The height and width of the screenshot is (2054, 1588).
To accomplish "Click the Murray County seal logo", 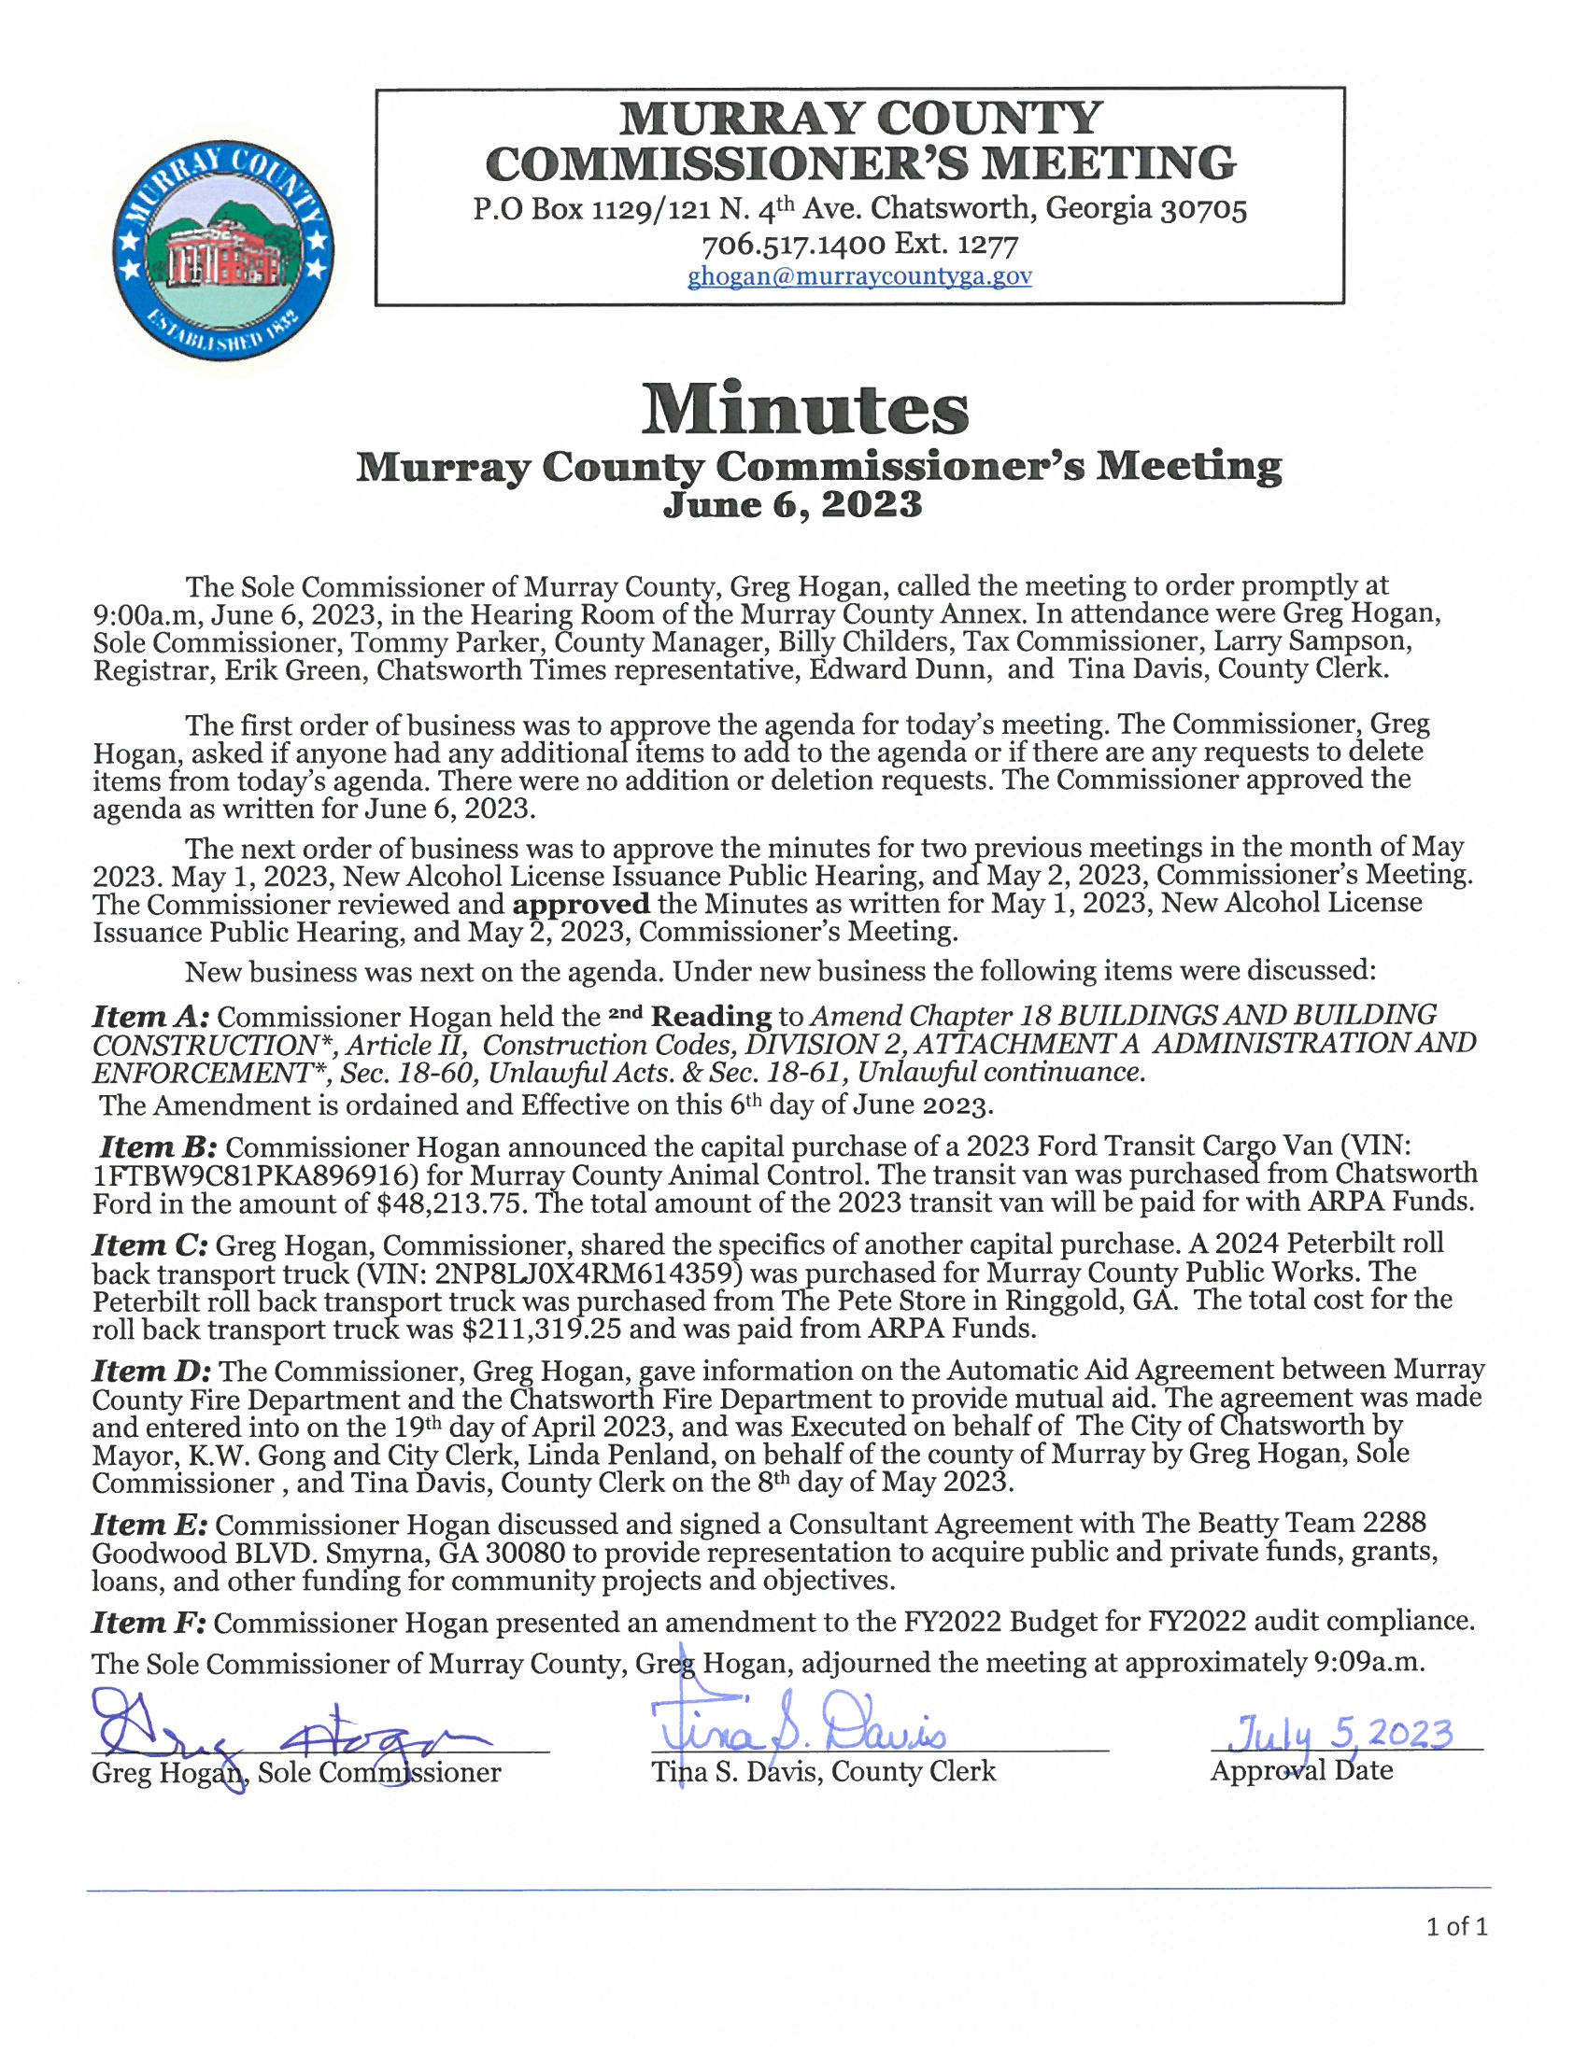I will click(x=222, y=251).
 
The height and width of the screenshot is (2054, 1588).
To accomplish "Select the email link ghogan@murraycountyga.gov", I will click(x=858, y=276).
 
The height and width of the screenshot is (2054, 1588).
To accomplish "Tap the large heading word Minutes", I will click(x=804, y=410).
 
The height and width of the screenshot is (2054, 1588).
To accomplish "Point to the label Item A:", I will click(x=153, y=1018).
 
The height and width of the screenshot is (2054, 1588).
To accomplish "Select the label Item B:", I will click(x=159, y=1148).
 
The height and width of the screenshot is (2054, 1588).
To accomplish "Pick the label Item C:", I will click(x=150, y=1246).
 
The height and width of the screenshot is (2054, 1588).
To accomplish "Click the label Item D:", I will click(x=152, y=1372).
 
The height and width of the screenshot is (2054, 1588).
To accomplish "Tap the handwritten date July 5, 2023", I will click(x=1345, y=1732).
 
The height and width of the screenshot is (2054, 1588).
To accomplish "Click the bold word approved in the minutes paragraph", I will click(x=580, y=905).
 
